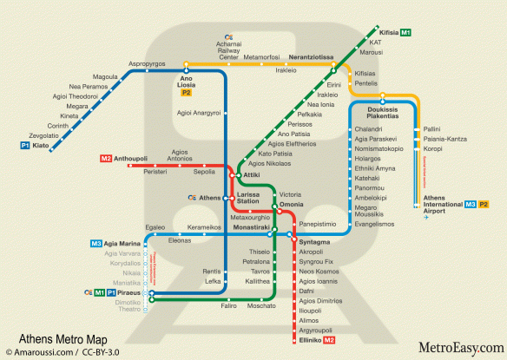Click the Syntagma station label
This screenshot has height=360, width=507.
click(x=314, y=241)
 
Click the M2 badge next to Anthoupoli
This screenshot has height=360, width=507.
click(x=106, y=159)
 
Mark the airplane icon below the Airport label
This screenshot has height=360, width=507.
click(x=427, y=218)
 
